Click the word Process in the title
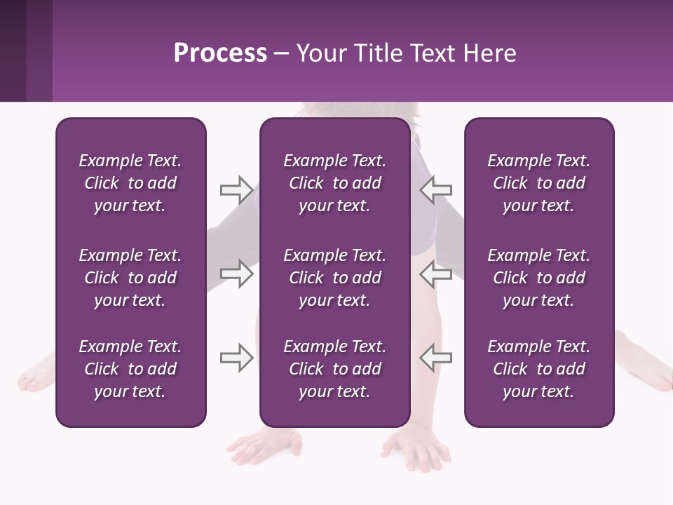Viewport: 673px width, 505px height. pyautogui.click(x=220, y=53)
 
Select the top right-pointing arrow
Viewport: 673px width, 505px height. pyautogui.click(x=237, y=189)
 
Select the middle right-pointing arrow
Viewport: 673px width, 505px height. pyautogui.click(x=237, y=274)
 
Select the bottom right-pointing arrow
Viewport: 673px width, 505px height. pyautogui.click(x=237, y=358)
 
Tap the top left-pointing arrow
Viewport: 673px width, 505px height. pyautogui.click(x=436, y=189)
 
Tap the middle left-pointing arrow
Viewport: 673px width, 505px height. pyautogui.click(x=436, y=274)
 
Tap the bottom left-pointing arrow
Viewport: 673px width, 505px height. pyautogui.click(x=436, y=358)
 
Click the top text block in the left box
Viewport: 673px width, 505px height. pyautogui.click(x=130, y=183)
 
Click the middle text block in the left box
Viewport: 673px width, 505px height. pyautogui.click(x=130, y=278)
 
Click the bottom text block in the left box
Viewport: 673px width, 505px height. pyautogui.click(x=130, y=369)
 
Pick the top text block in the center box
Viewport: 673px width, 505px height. pyautogui.click(x=334, y=183)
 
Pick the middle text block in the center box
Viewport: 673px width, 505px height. pyautogui.click(x=334, y=278)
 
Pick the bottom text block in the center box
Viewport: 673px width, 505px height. pyautogui.click(x=334, y=369)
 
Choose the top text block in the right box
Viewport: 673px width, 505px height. pyautogui.click(x=538, y=183)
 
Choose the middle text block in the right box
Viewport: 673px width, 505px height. pyautogui.click(x=538, y=278)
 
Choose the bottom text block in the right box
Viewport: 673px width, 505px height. pyautogui.click(x=538, y=369)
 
